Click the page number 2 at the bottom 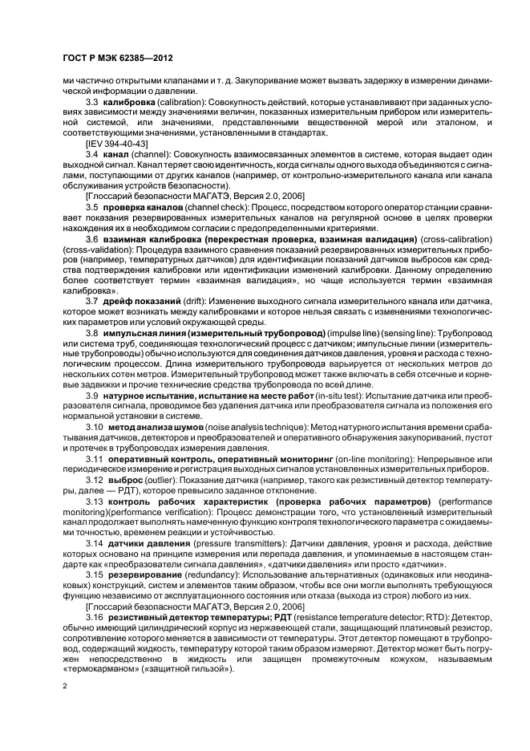coord(66,688)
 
